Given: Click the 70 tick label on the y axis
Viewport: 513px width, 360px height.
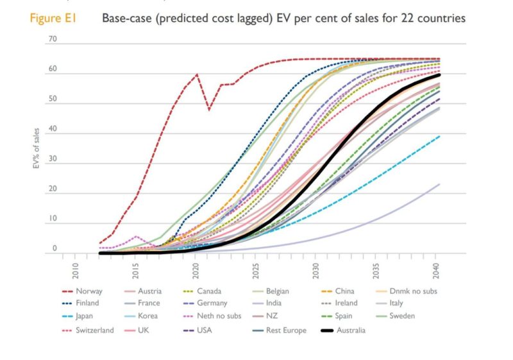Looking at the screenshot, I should pyautogui.click(x=52, y=40).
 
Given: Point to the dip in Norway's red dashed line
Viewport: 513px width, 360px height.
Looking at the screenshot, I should pyautogui.click(x=208, y=108).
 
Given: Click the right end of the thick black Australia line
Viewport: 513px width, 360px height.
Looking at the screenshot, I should pyautogui.click(x=439, y=74).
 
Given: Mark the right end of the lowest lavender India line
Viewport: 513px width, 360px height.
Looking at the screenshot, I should pyautogui.click(x=439, y=184).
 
